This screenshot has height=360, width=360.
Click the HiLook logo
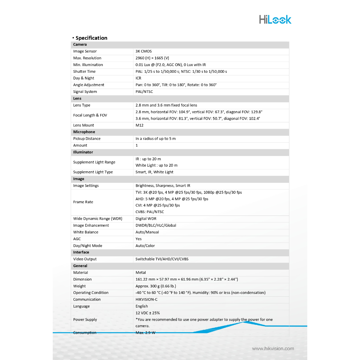point(275,19)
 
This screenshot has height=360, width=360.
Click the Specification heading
point(91,38)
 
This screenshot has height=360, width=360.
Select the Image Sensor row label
point(85,51)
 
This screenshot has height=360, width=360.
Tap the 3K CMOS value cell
point(143,51)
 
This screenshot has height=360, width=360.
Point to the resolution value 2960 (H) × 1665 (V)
point(152,58)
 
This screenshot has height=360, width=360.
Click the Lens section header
point(77,98)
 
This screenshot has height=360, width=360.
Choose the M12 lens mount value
point(140,125)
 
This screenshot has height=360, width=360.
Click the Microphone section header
point(84,132)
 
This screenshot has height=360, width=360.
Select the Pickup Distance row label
point(87,139)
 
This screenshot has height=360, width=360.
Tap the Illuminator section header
point(83,152)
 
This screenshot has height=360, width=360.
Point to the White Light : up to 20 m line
point(156,165)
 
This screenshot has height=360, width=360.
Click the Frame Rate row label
point(83,202)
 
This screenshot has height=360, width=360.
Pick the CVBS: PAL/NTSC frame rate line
point(150,212)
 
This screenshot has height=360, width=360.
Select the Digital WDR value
point(146,219)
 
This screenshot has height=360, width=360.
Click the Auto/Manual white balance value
point(147,232)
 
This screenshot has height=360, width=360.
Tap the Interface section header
point(81,252)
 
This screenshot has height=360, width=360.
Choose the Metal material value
point(141,272)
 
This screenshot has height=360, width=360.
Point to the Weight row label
point(79,286)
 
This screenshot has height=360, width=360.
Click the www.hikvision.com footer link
point(273,348)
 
